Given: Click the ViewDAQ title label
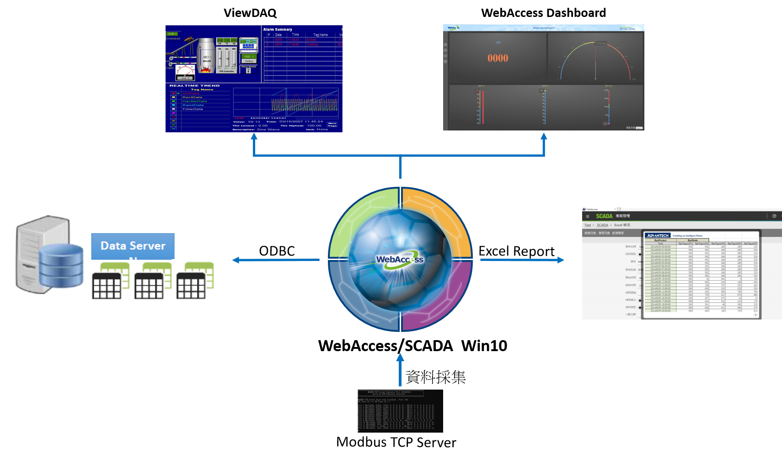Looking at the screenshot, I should tap(250, 13).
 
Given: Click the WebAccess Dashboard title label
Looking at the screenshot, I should tap(543, 13).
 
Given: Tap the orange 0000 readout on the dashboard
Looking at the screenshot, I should tap(498, 58).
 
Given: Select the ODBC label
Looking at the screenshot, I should tap(277, 251).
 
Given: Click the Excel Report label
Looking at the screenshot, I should tap(516, 251).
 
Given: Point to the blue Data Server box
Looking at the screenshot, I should tap(133, 246).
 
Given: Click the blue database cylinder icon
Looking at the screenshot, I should tap(61, 266).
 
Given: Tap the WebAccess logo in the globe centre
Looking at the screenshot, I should tap(399, 260).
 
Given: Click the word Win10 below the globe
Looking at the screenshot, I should tap(484, 346).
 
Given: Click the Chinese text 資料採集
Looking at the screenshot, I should tap(435, 377).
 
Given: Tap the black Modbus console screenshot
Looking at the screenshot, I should tap(400, 411).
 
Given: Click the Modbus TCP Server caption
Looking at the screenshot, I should tap(396, 442).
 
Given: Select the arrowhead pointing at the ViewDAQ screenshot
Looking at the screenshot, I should tap(254, 136).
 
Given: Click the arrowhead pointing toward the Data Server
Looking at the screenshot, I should tap(236, 260).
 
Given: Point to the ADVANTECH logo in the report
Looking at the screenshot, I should tap(658, 235).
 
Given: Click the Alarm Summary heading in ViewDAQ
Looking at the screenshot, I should tap(278, 29).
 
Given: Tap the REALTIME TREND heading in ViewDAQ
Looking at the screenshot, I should tap(194, 86).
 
